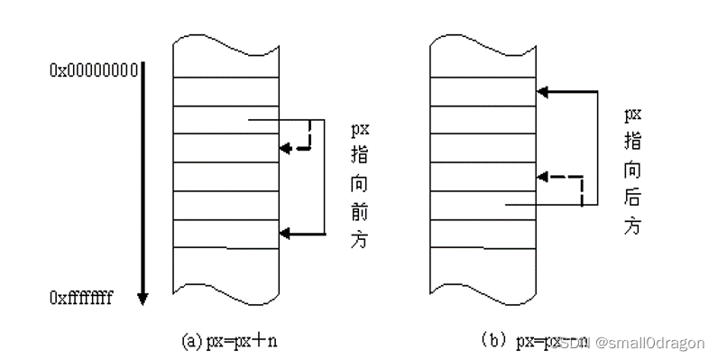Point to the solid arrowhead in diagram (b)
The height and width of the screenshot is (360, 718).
(x=543, y=91)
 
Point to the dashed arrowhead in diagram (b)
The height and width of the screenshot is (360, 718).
(x=543, y=176)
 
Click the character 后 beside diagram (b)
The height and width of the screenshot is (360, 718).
(x=634, y=198)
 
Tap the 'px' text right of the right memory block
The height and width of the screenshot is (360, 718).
(x=633, y=115)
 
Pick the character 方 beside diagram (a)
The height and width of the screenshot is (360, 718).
(x=360, y=242)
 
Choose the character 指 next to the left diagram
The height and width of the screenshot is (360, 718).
(x=360, y=155)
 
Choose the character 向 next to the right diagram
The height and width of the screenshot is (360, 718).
(x=634, y=169)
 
